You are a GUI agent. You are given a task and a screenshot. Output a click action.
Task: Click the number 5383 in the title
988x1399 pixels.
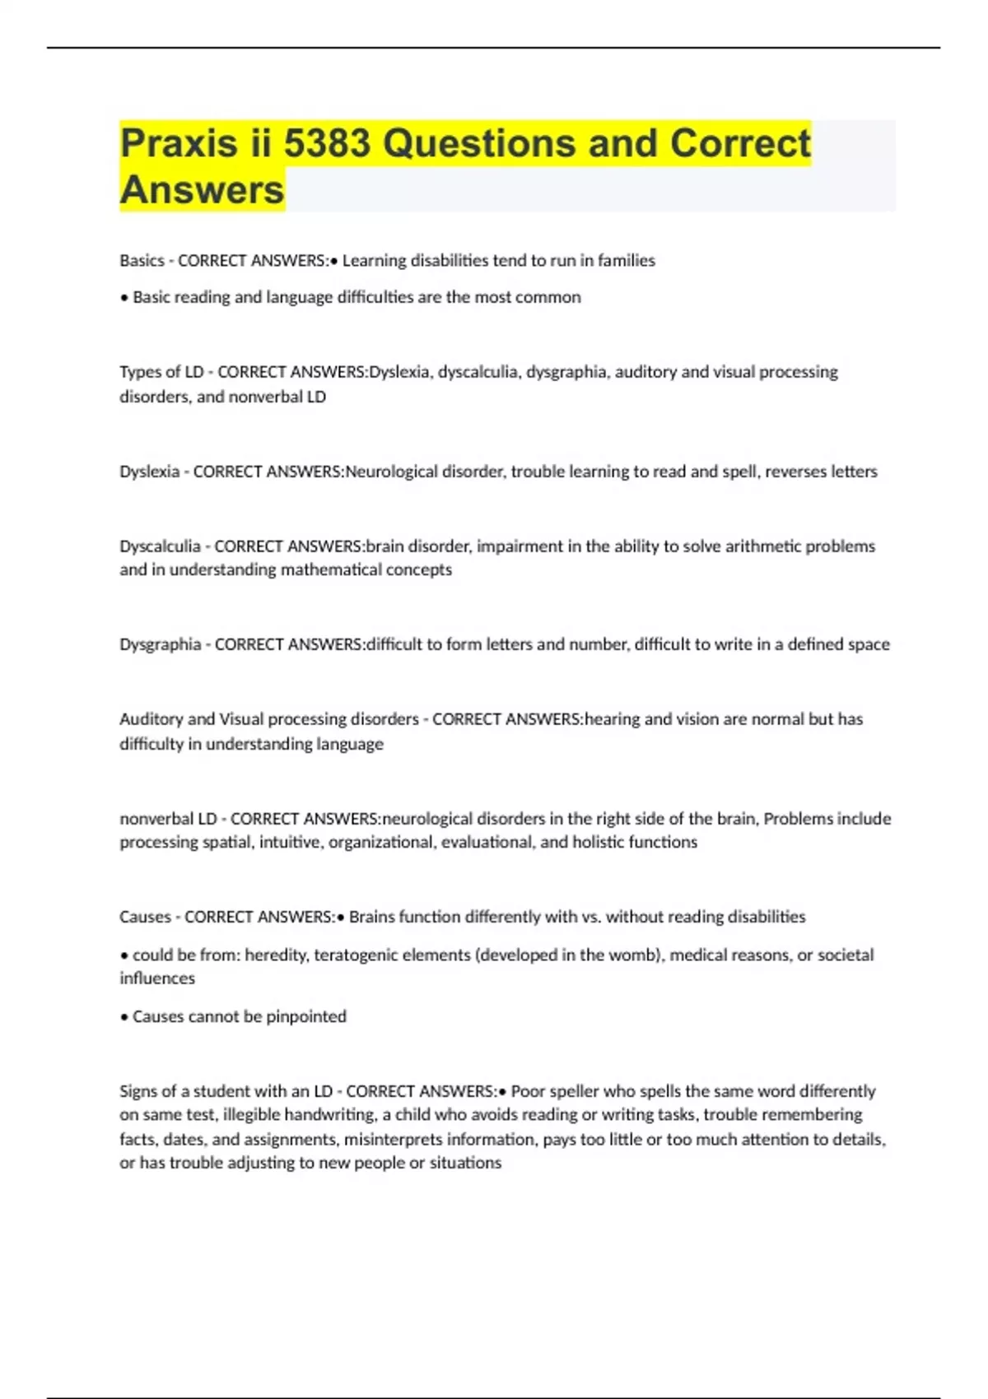coord(327,144)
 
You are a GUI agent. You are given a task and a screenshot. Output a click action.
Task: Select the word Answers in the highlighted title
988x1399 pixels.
coord(202,190)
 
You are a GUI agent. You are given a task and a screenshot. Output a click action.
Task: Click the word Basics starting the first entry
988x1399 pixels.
coord(142,261)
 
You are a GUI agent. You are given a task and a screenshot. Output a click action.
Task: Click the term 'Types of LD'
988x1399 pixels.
coord(161,372)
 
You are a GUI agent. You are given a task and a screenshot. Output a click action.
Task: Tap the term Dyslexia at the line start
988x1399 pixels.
coord(149,472)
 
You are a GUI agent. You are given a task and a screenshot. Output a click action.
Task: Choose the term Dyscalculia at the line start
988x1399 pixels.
coord(160,546)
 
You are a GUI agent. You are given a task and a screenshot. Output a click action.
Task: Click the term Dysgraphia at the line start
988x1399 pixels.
coord(160,644)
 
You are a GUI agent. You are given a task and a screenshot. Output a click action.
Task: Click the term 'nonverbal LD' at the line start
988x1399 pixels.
coord(168,819)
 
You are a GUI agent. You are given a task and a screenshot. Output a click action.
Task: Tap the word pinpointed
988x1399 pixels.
coord(305,1017)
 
